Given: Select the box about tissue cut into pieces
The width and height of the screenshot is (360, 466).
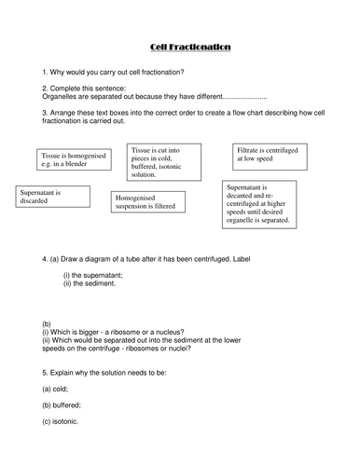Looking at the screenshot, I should point(165,164).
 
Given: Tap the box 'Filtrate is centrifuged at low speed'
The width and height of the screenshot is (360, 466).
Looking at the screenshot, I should point(270,155).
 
